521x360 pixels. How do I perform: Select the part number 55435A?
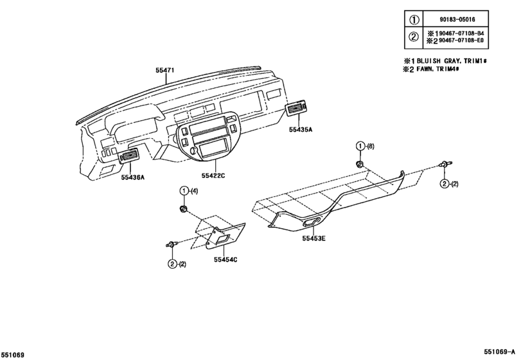click(300, 129)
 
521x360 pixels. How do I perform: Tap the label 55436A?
click(132, 177)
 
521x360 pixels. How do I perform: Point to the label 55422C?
click(213, 175)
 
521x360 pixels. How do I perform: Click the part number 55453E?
click(314, 239)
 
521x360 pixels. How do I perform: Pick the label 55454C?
click(225, 259)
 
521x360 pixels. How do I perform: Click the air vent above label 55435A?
click(299, 110)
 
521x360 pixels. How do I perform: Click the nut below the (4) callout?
click(184, 210)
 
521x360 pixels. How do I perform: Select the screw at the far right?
click(444, 166)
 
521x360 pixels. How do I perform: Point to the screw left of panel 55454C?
click(172, 244)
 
